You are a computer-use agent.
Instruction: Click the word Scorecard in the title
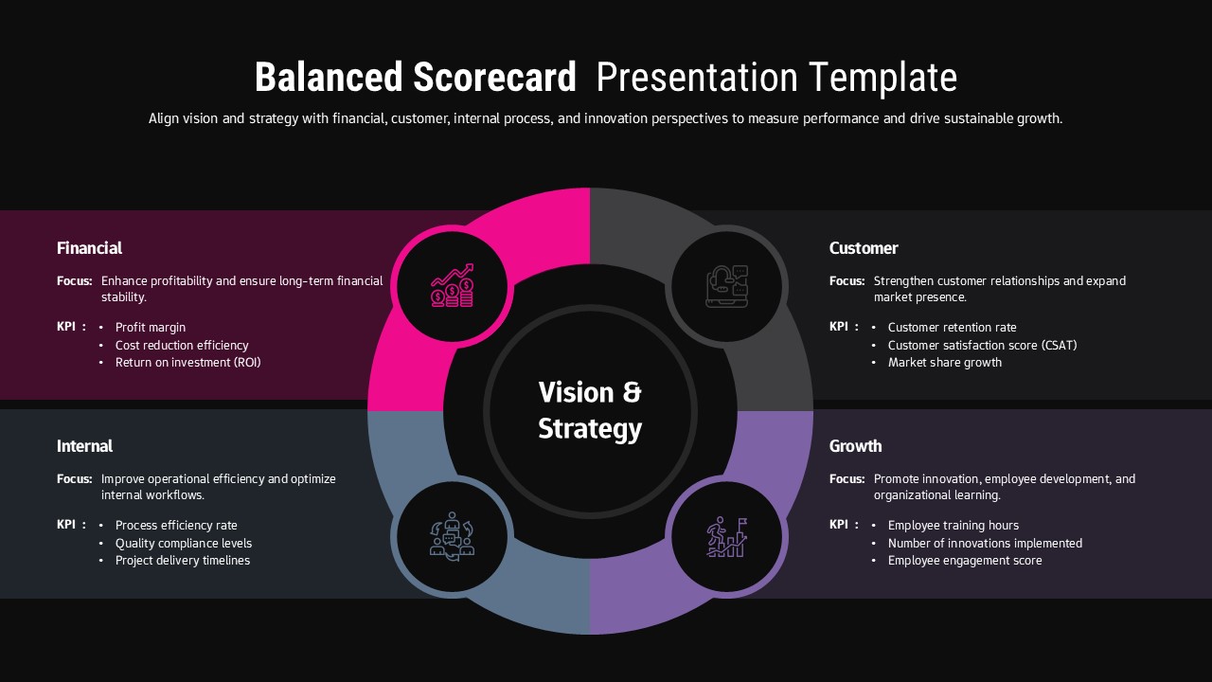coord(494,78)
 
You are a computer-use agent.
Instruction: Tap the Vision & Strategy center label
coord(590,410)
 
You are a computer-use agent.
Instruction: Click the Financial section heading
coord(89,248)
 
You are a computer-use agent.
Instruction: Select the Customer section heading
coord(864,248)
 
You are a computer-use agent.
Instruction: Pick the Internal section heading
coord(84,446)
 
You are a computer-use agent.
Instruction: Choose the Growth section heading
coord(855,446)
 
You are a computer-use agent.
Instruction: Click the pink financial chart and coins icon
coord(453,285)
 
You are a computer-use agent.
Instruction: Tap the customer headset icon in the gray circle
coord(727,285)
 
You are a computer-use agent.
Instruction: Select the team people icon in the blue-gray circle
coord(453,537)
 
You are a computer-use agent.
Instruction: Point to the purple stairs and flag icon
coord(727,537)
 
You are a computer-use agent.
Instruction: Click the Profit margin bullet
coord(151,328)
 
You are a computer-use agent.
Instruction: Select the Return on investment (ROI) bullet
coord(187,363)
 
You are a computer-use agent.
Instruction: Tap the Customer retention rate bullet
coord(952,328)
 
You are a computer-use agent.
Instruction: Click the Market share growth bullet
coord(944,363)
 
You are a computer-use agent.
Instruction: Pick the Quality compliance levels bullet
coord(184,544)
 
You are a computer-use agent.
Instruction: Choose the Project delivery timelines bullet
coord(183,561)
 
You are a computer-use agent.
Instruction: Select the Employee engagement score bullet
coord(965,561)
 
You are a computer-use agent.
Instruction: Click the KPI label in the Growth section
coord(839,525)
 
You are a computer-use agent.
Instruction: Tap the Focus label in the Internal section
coord(74,479)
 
